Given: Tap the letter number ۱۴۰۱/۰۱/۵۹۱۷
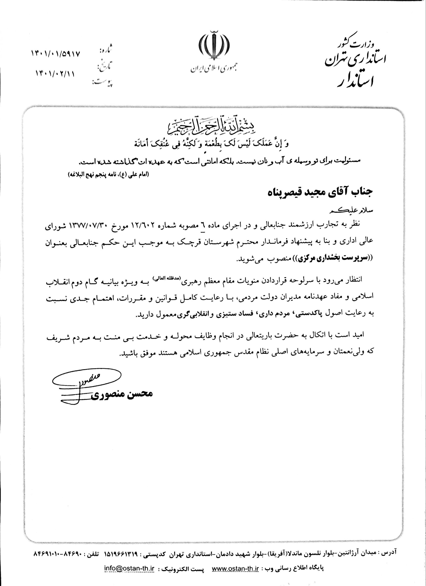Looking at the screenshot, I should pos(56,54).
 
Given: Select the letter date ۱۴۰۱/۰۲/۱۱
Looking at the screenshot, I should pos(55,74).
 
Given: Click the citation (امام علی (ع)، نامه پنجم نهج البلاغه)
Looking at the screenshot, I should pos(108,174).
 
